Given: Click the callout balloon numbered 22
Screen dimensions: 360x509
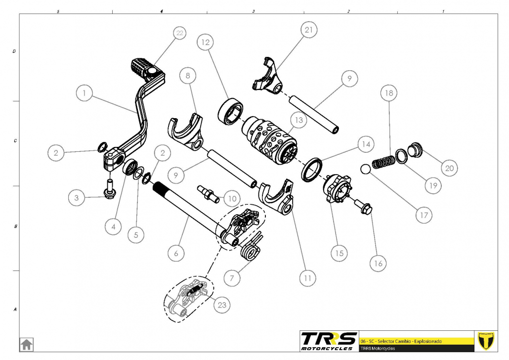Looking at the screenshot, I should coord(179,34).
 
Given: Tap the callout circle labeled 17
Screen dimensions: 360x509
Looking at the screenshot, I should coord(424,216).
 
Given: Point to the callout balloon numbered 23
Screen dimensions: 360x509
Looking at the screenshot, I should coord(222,305).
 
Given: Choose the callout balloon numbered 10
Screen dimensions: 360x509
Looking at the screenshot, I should coord(230,198).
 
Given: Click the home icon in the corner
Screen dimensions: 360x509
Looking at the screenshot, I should coord(26,344).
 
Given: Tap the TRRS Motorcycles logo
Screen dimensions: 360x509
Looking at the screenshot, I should coord(329,340).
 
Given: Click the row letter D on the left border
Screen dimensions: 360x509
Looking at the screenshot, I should coord(14,51).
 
